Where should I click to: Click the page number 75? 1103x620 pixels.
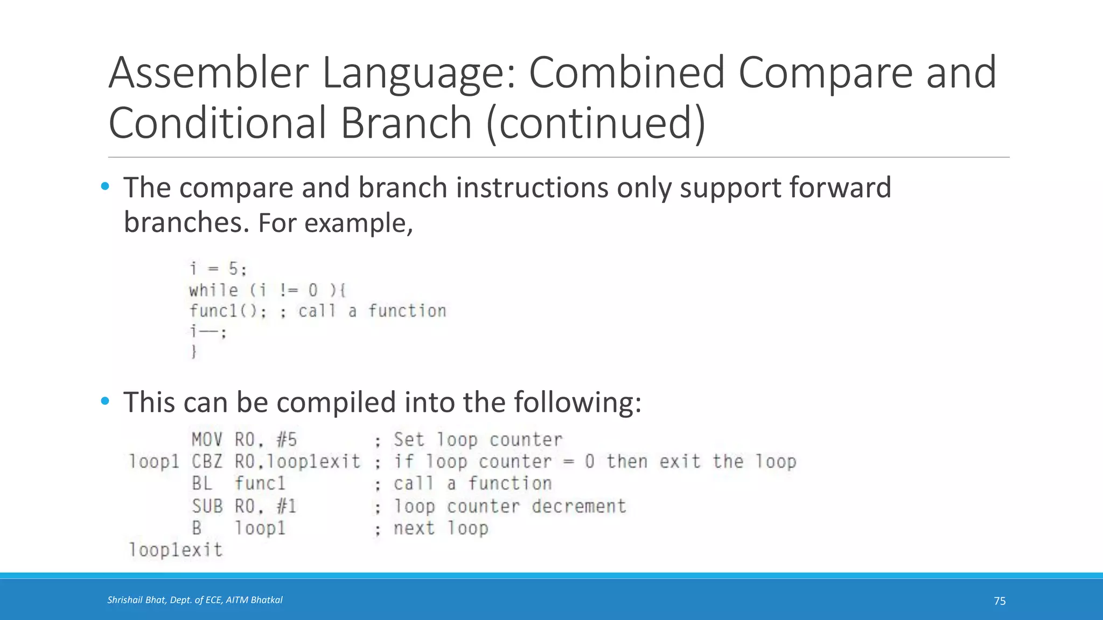click(1000, 601)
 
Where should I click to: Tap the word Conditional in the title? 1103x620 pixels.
click(217, 123)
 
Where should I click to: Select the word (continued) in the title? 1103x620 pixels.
click(596, 123)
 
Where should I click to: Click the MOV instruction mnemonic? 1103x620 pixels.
click(207, 440)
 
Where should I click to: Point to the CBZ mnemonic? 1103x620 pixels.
click(207, 462)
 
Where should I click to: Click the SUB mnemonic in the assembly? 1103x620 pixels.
click(207, 506)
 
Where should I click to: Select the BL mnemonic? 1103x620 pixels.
click(202, 483)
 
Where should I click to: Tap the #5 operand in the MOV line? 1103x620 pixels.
click(287, 440)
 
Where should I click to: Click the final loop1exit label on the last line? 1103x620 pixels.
click(176, 550)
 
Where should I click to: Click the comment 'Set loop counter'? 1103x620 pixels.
click(478, 440)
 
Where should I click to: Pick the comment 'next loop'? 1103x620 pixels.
click(441, 528)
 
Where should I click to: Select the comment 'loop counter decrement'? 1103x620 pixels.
click(509, 506)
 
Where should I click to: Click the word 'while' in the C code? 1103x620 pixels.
click(213, 290)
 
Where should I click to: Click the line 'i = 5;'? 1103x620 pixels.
click(218, 269)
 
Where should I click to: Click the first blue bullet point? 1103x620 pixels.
click(105, 187)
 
